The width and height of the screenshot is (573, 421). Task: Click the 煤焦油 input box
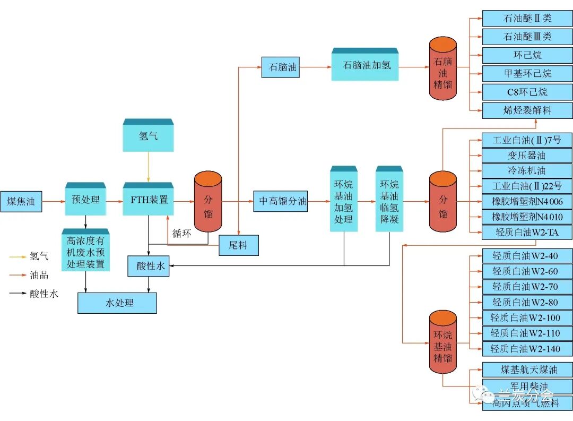[21, 201]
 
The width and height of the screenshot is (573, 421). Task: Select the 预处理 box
[85, 200]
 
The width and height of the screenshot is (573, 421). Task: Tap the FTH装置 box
[149, 200]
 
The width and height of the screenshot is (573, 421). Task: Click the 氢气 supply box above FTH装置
[148, 136]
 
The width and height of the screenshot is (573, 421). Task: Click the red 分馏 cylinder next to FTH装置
[207, 202]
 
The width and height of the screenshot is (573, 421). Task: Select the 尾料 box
[239, 245]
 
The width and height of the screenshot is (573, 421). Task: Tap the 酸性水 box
[148, 266]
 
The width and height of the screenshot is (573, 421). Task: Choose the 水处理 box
[117, 303]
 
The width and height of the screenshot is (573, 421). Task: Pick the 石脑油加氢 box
[365, 66]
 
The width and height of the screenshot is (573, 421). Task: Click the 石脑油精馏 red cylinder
[442, 68]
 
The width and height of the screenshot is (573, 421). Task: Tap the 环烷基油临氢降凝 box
[389, 201]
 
